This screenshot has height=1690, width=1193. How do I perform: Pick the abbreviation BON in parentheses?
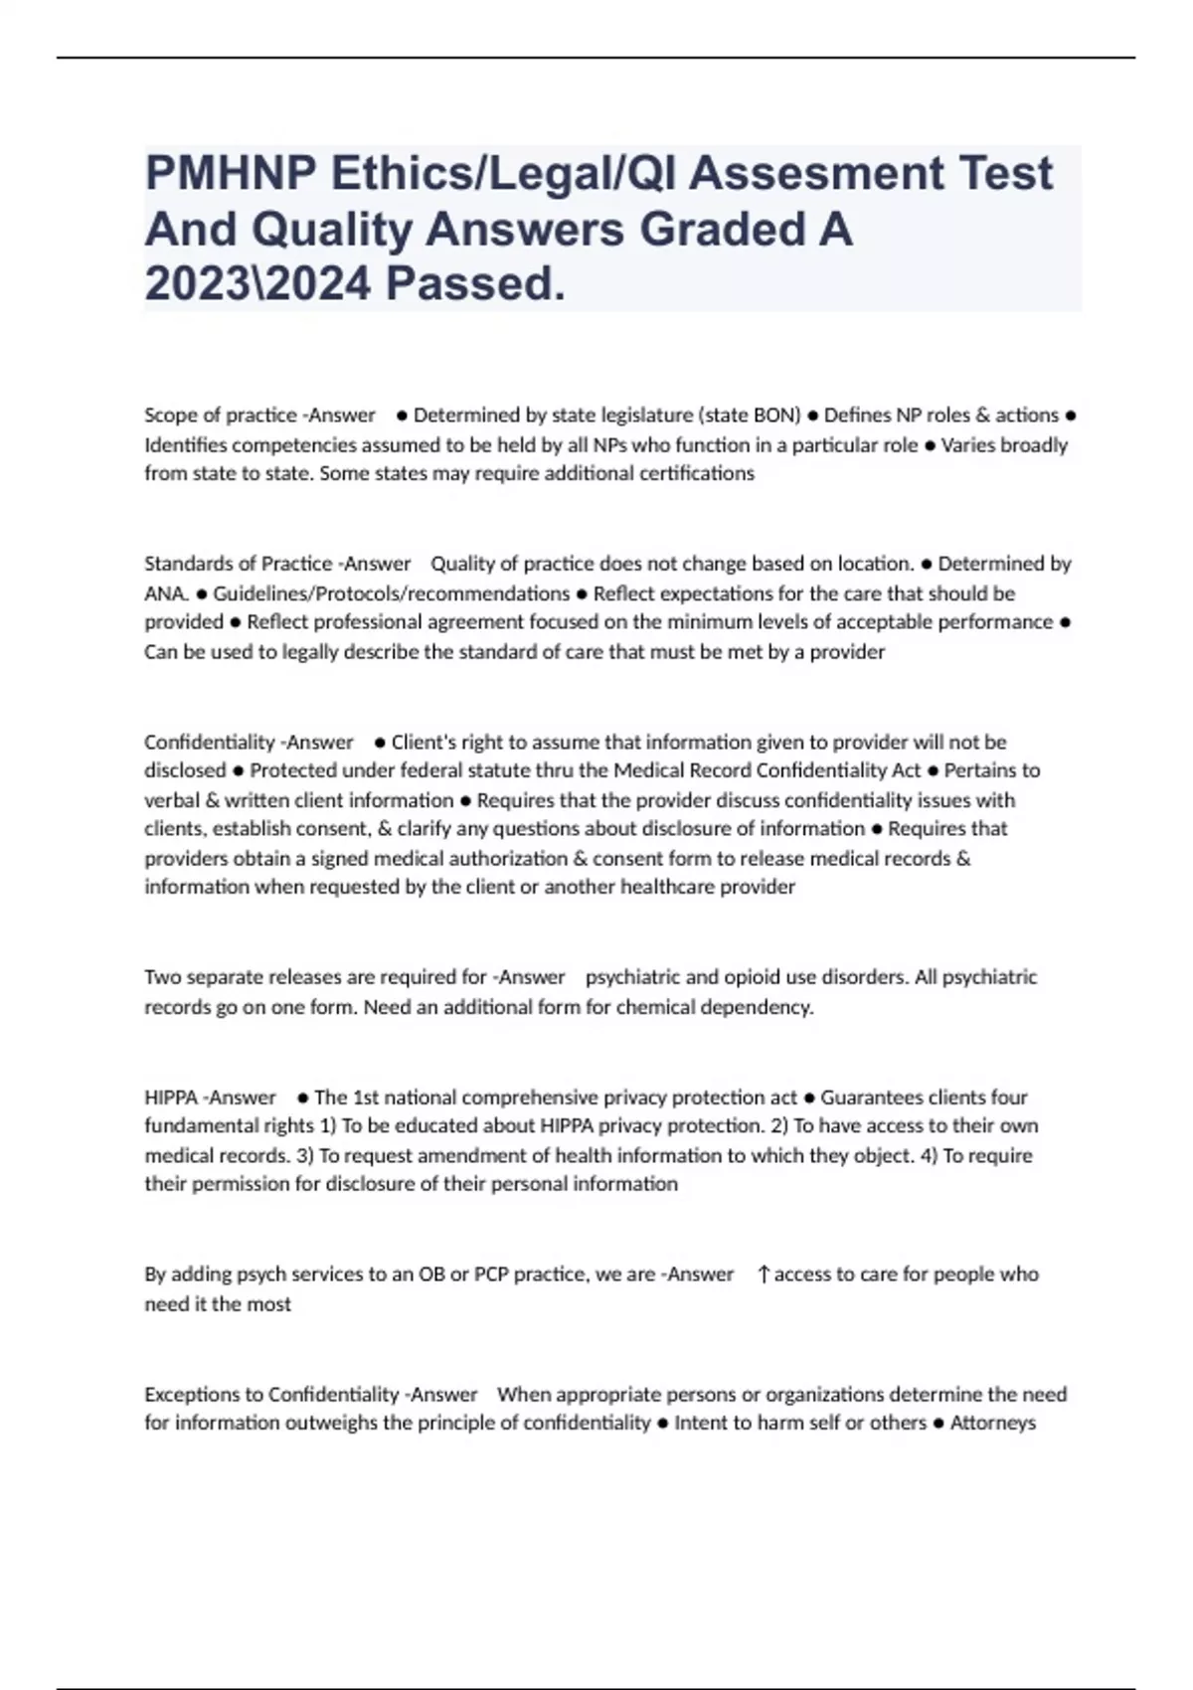(x=775, y=415)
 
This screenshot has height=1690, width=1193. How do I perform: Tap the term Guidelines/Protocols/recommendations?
(x=392, y=593)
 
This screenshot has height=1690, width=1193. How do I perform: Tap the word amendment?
(x=493, y=1155)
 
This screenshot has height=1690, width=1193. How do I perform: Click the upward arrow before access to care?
(x=764, y=1274)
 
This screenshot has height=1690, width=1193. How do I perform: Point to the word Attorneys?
(x=993, y=1423)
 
